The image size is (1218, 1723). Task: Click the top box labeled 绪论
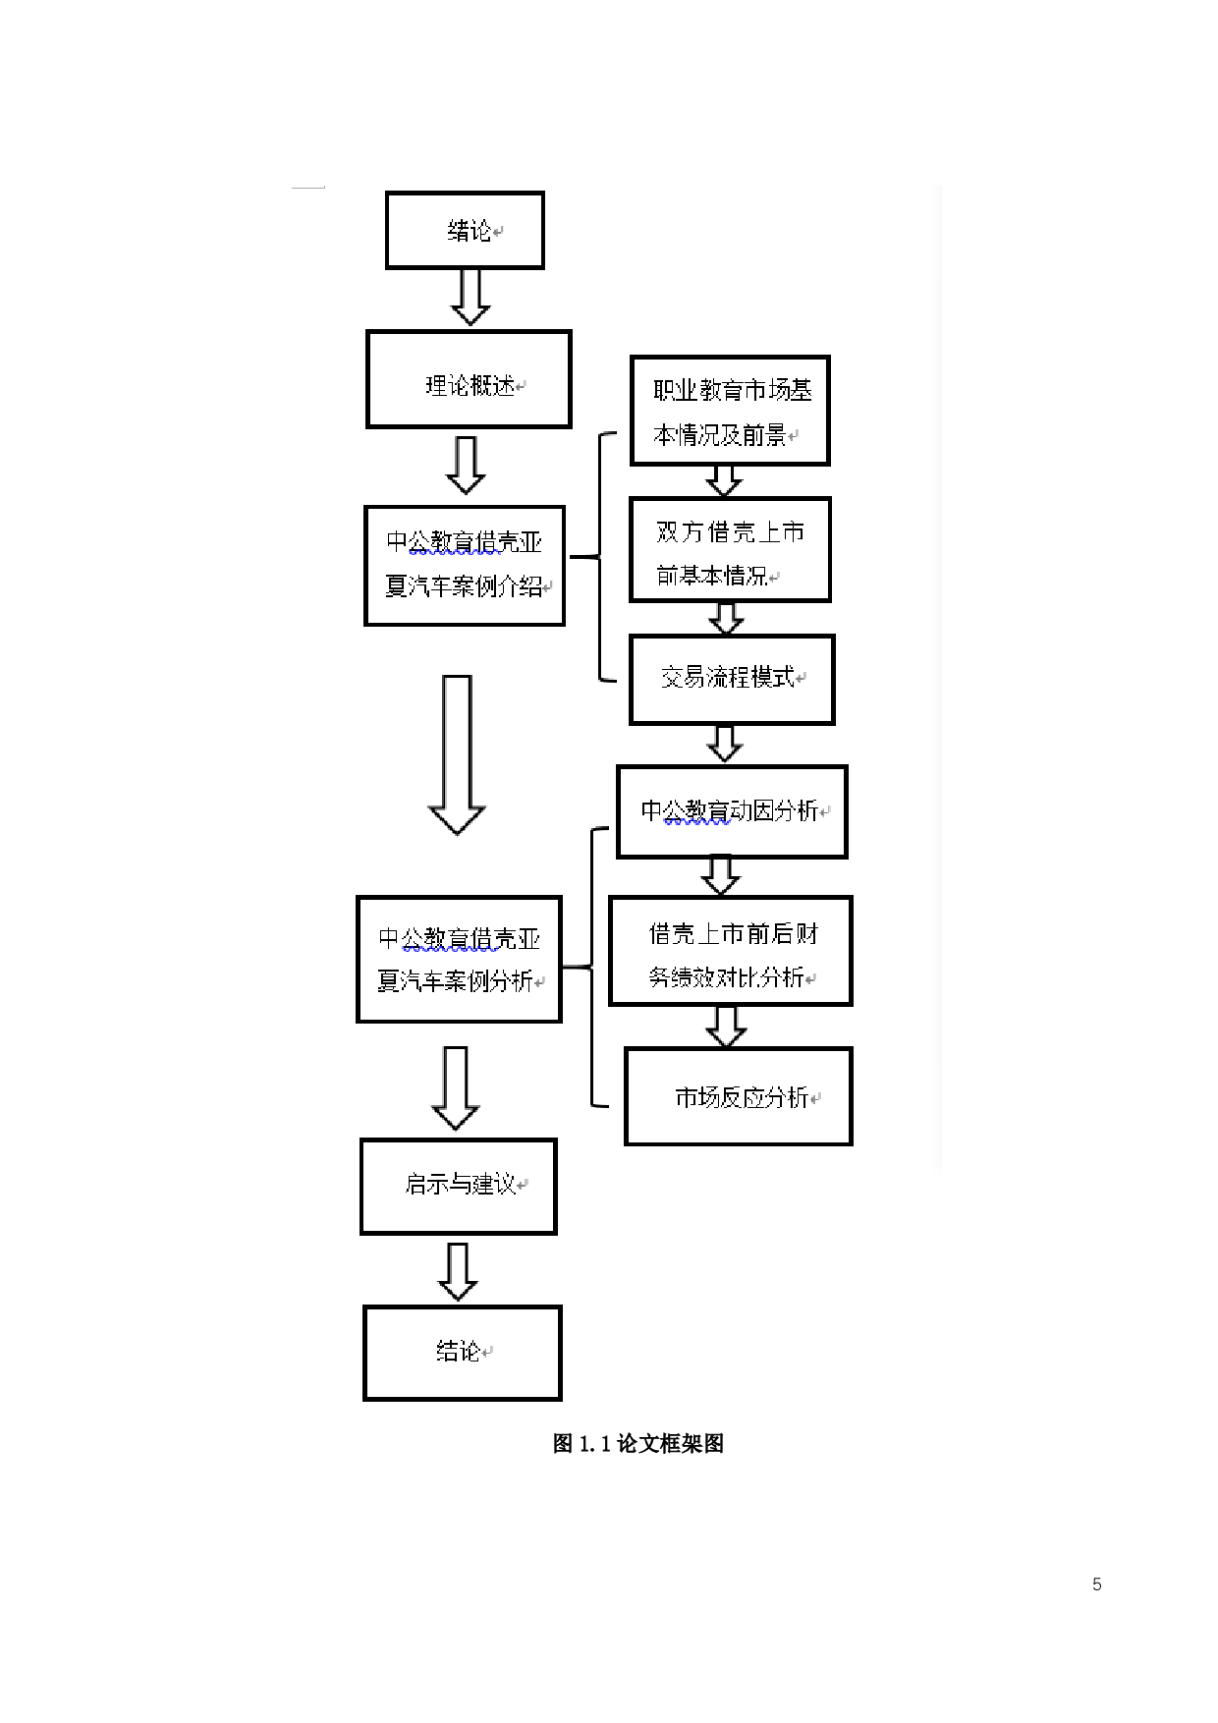(465, 231)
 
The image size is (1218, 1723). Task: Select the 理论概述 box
(469, 380)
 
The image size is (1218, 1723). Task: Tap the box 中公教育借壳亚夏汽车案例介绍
(465, 566)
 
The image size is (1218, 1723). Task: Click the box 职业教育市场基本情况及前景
(730, 411)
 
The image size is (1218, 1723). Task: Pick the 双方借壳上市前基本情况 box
(730, 550)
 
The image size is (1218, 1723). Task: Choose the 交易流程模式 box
(732, 680)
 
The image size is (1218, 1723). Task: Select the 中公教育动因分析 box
(732, 811)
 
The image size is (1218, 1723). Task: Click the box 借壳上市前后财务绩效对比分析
(731, 951)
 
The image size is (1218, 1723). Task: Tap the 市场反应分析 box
(739, 1096)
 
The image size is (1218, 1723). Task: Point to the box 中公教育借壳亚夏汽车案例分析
(459, 960)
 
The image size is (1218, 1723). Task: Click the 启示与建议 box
(459, 1186)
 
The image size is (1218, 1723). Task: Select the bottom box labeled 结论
(462, 1353)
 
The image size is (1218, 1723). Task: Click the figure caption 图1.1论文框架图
(638, 1444)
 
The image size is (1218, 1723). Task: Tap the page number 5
(1096, 1584)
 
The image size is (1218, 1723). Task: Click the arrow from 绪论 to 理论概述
(471, 297)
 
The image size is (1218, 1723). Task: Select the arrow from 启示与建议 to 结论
(458, 1271)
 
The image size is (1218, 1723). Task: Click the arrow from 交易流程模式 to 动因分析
(725, 744)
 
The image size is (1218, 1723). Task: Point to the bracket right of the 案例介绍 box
(599, 557)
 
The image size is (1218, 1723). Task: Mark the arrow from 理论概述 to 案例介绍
(466, 465)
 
